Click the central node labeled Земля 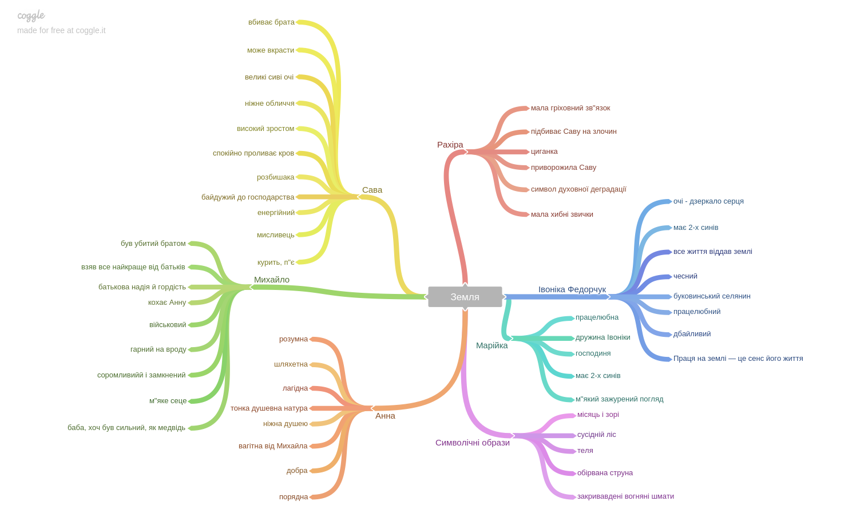pyautogui.click(x=465, y=297)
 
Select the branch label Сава pyautogui.click(x=372, y=190)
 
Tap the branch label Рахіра pyautogui.click(x=450, y=145)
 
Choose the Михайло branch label pyautogui.click(x=272, y=280)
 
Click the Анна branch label pyautogui.click(x=385, y=416)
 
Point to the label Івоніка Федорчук pyautogui.click(x=572, y=289)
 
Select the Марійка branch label pyautogui.click(x=492, y=345)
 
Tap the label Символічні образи pyautogui.click(x=472, y=443)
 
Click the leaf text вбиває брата pyautogui.click(x=271, y=22)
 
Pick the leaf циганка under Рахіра pyautogui.click(x=544, y=152)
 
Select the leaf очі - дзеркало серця pyautogui.click(x=708, y=201)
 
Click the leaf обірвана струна pyautogui.click(x=605, y=473)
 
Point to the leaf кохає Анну pyautogui.click(x=167, y=303)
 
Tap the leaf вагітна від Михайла pyautogui.click(x=273, y=446)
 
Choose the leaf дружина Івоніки pyautogui.click(x=603, y=337)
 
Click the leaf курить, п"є pyautogui.click(x=276, y=263)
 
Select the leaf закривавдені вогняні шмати pyautogui.click(x=625, y=496)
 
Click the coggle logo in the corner pyautogui.click(x=31, y=15)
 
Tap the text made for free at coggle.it pyautogui.click(x=61, y=30)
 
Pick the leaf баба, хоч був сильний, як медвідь pyautogui.click(x=126, y=428)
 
